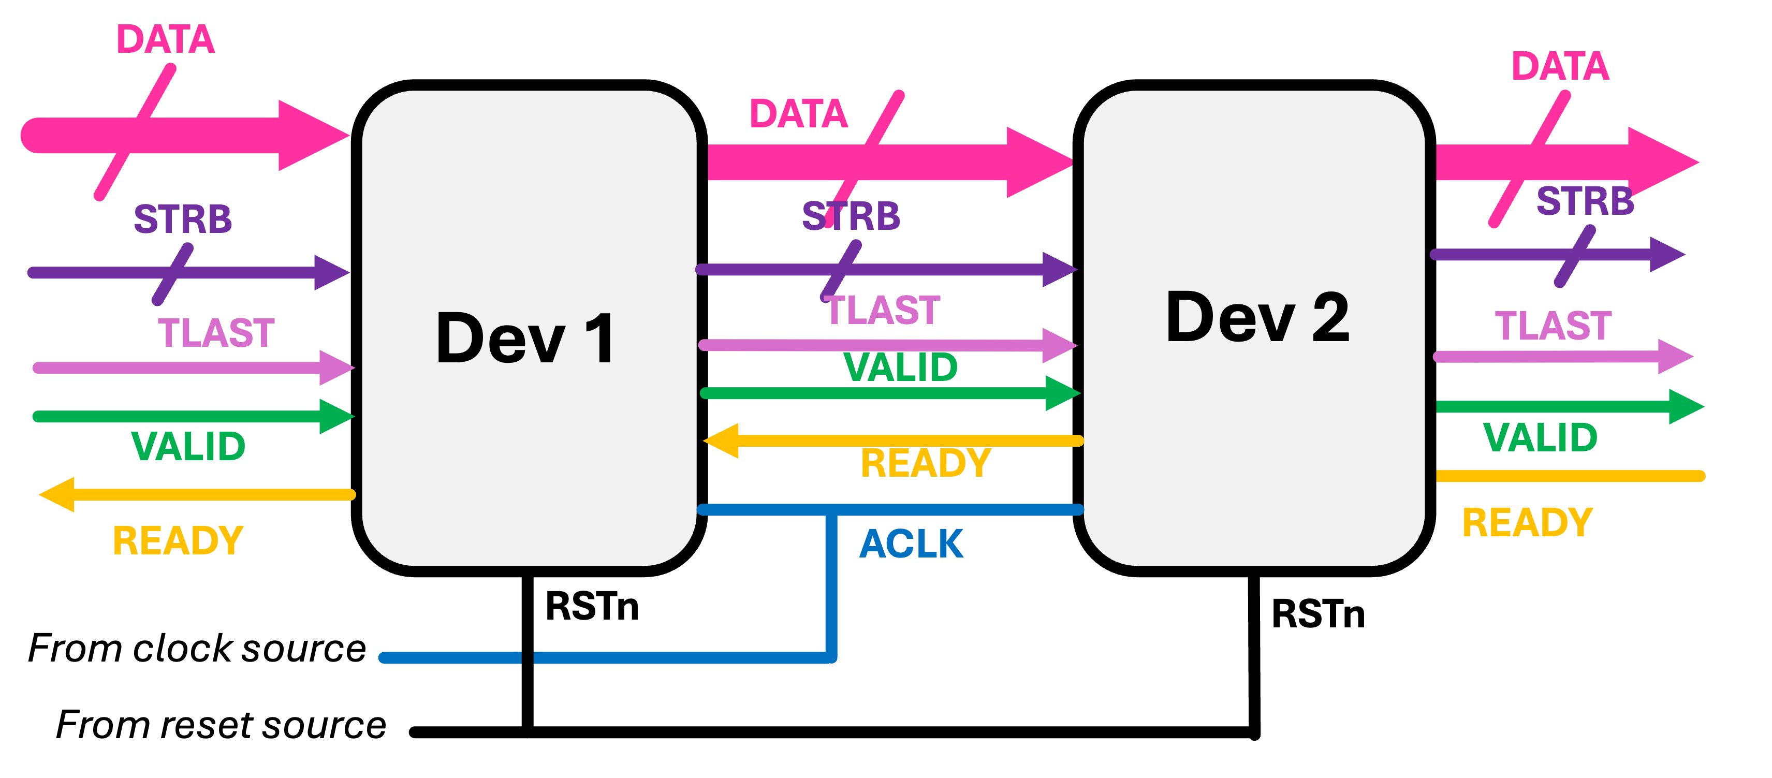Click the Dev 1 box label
coord(526,339)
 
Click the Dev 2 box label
coord(1257,317)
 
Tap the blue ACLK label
coord(912,544)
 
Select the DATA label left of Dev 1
coord(166,39)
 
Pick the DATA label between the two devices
coord(799,113)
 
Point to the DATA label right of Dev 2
coord(1560,67)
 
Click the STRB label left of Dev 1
coord(183,219)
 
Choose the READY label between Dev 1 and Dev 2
coord(926,463)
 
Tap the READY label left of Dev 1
coord(178,541)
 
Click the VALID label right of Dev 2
coord(1540,437)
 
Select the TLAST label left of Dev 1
coord(216,333)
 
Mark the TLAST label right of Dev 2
coord(1553,326)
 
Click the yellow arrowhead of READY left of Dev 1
coord(57,494)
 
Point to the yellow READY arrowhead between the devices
coord(722,441)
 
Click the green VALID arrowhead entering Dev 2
coord(1063,393)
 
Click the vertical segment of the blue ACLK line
coord(832,585)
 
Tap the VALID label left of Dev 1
coord(188,446)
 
